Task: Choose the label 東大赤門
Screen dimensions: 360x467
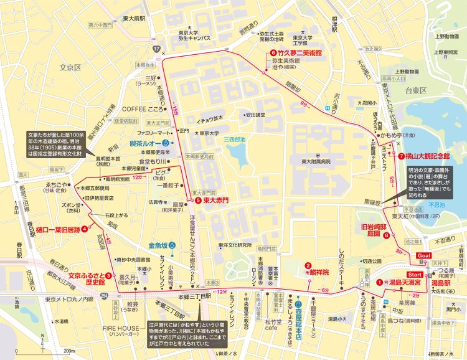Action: coord(216,201)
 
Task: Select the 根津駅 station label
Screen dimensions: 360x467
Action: coord(335,24)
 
